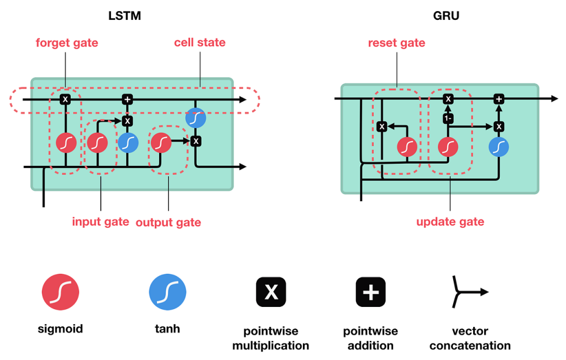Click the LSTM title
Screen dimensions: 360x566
point(124,15)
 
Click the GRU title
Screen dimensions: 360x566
point(446,15)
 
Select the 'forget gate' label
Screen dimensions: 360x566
point(67,43)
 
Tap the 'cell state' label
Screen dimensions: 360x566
point(200,43)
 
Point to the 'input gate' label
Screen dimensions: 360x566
point(101,222)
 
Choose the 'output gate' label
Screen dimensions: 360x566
point(169,222)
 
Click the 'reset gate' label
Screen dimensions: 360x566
point(396,43)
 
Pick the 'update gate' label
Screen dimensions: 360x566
point(450,222)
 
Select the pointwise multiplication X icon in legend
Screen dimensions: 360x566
point(271,291)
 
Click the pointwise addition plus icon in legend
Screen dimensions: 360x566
point(370,291)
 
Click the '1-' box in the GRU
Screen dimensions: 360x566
point(448,118)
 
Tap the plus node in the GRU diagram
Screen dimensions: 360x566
point(499,99)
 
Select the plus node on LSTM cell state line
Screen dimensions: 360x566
point(128,100)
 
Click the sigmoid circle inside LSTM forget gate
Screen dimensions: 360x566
point(66,143)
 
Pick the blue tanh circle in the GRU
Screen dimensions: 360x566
point(499,147)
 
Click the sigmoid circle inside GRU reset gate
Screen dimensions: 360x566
point(407,147)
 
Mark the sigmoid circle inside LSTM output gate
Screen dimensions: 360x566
point(161,143)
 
